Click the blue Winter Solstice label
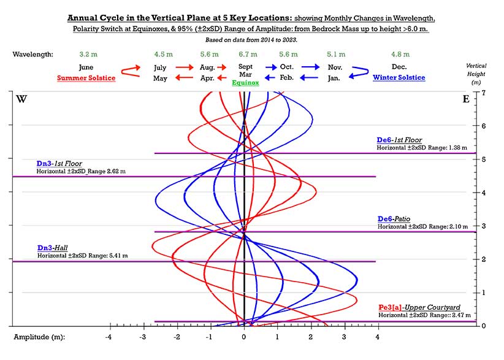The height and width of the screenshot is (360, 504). [x=399, y=78]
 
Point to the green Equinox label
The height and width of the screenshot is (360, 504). [x=245, y=82]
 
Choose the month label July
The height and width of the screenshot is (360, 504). [x=160, y=67]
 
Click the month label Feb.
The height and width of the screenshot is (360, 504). [x=287, y=78]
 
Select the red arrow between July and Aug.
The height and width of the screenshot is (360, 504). [x=184, y=67]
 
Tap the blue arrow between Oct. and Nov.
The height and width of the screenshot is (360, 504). [x=310, y=67]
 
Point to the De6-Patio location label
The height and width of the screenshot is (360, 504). [x=394, y=219]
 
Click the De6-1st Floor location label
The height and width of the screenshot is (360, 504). [x=399, y=140]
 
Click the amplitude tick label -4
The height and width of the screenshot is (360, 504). [x=109, y=337]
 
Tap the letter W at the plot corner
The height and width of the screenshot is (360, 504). [x=21, y=99]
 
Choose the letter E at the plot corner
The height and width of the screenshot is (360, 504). [x=466, y=99]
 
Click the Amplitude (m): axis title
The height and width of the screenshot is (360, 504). [x=40, y=337]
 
